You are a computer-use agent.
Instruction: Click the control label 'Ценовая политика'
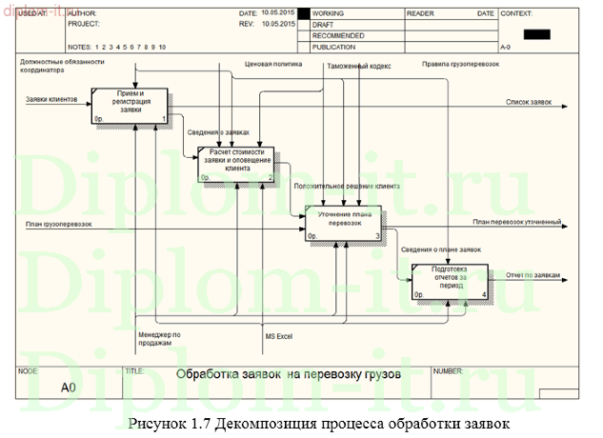click(x=273, y=66)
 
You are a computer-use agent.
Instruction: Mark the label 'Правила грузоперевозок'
click(x=461, y=65)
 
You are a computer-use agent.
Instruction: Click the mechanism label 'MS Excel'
click(x=278, y=336)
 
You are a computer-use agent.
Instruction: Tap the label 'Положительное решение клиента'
click(x=346, y=187)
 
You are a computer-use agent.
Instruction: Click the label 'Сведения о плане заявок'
click(x=441, y=249)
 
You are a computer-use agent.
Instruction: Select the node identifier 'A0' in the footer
click(x=68, y=388)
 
